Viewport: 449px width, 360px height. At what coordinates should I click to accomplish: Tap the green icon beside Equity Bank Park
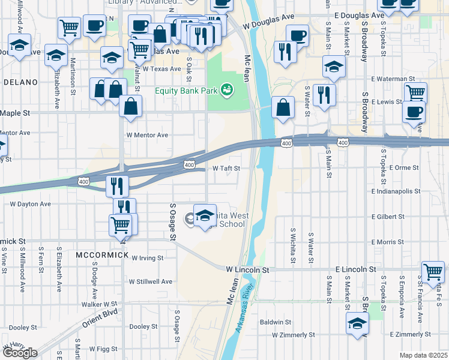point(226,91)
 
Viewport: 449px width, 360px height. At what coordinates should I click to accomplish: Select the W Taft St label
point(227,169)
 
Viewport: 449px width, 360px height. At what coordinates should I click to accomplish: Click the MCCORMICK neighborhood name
point(102,255)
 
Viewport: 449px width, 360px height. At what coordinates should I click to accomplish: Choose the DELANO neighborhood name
point(20,82)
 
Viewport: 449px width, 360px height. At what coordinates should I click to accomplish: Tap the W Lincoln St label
point(247,271)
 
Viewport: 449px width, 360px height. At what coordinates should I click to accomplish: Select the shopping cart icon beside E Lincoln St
point(433,272)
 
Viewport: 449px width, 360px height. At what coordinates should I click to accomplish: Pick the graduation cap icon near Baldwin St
point(357,323)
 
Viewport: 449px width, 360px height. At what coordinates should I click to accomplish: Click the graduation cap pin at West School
point(205,215)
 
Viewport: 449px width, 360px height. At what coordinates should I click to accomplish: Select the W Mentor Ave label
point(147,135)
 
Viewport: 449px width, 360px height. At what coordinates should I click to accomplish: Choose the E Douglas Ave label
point(360,15)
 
